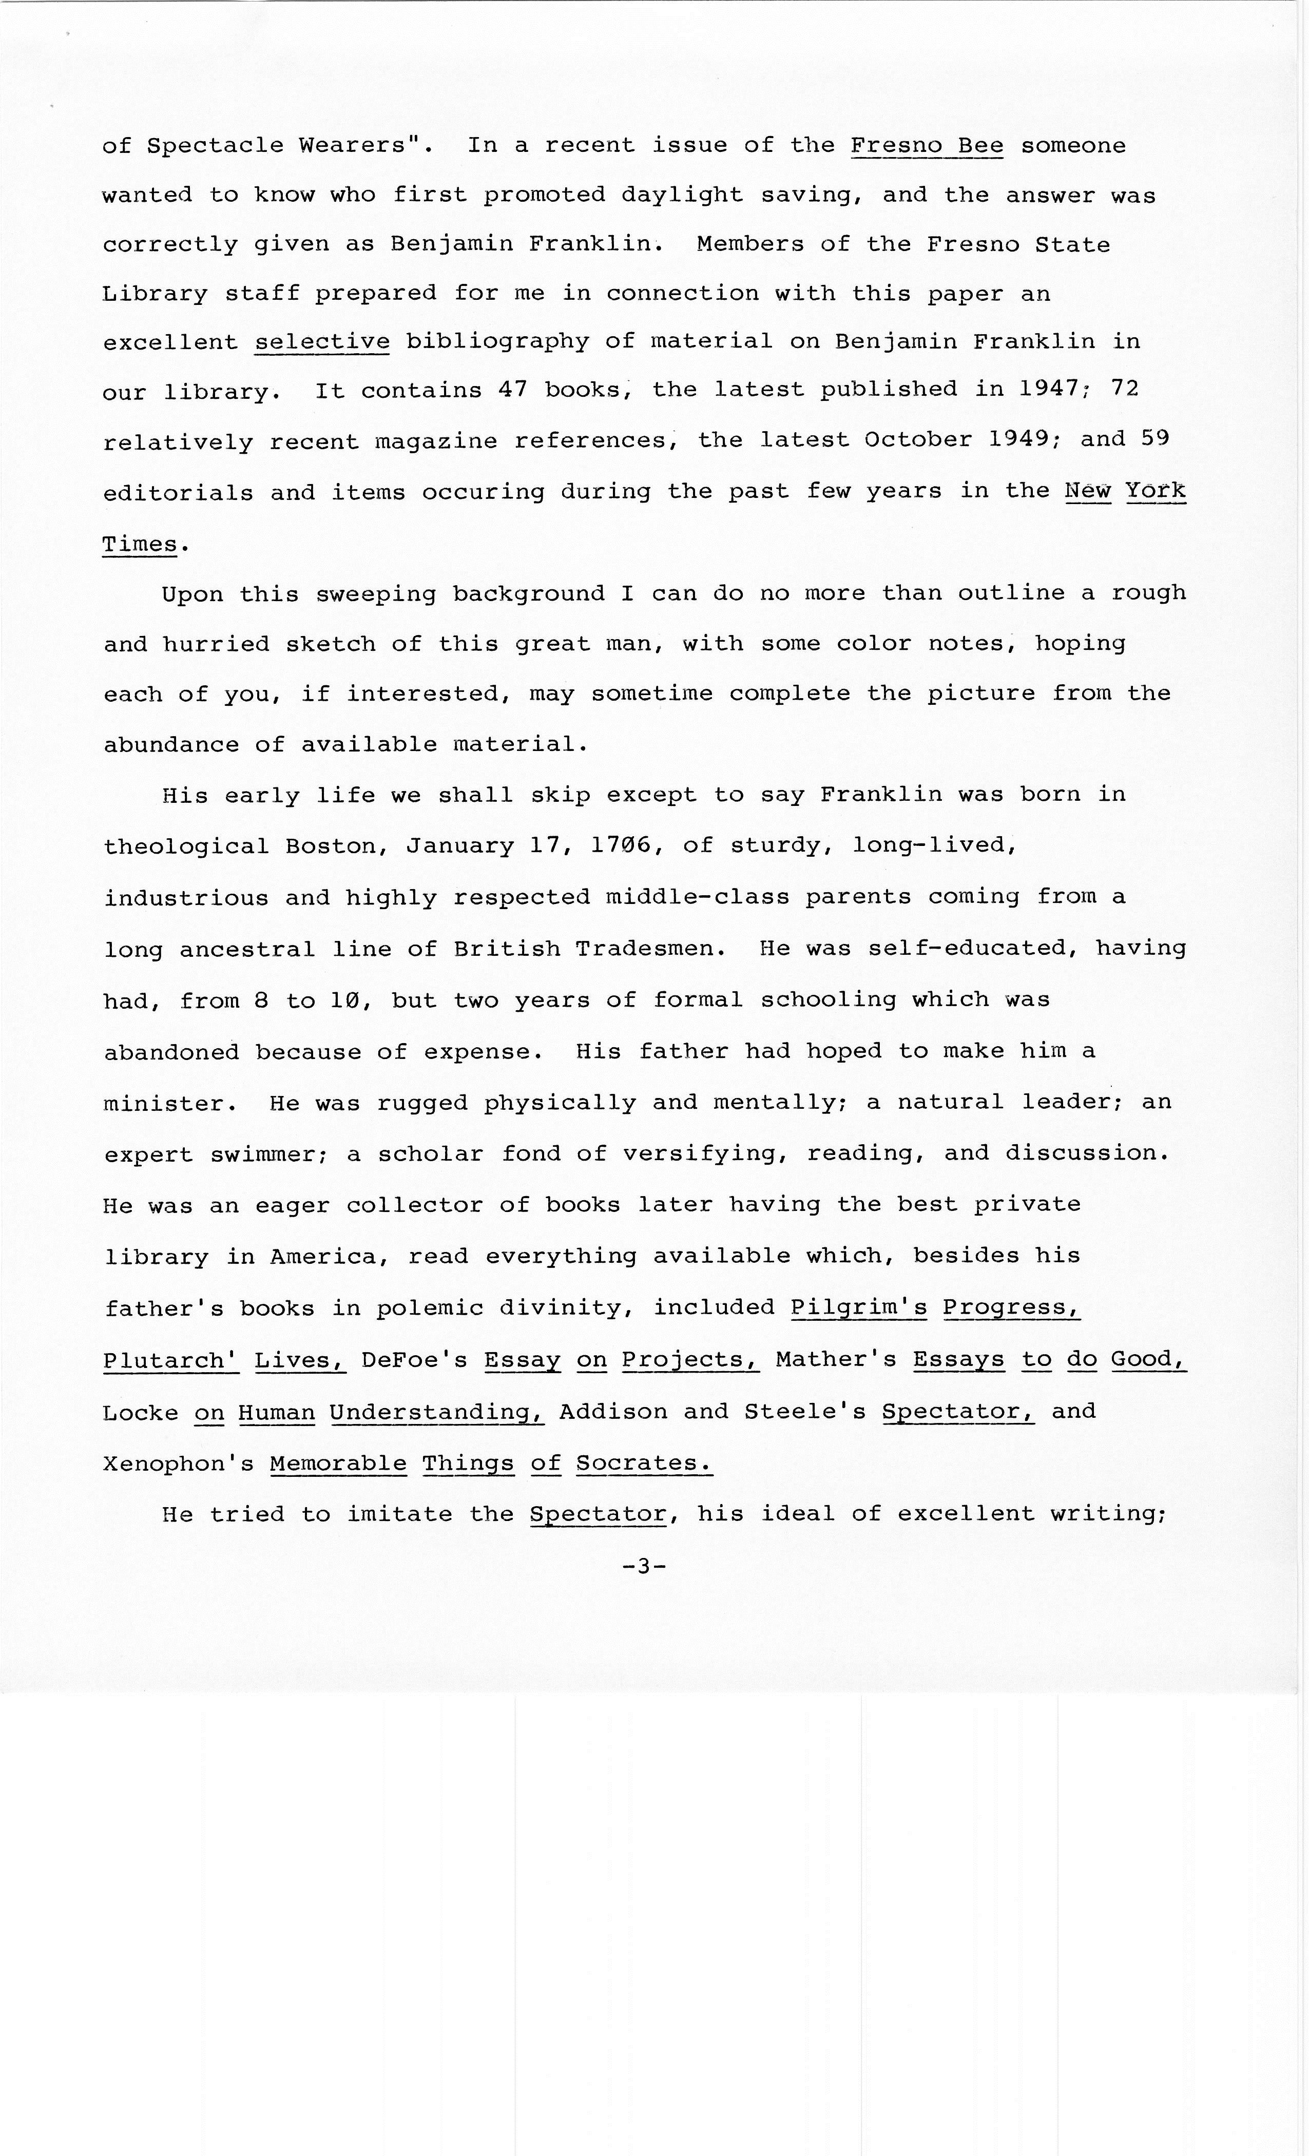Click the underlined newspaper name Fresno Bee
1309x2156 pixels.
[x=927, y=145]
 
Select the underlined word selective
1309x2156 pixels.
[x=322, y=341]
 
